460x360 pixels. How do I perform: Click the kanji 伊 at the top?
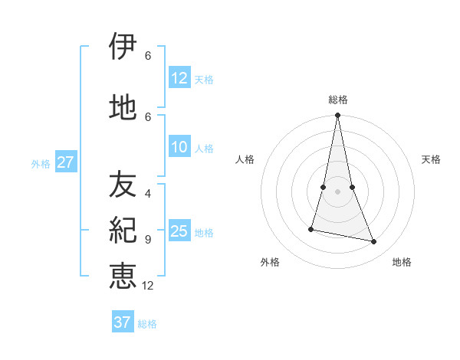point(123,47)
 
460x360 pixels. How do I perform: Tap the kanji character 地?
point(123,107)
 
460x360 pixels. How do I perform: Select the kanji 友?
point(123,185)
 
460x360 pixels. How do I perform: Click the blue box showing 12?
point(179,78)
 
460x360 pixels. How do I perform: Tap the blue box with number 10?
point(179,148)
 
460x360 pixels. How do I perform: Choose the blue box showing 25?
point(179,231)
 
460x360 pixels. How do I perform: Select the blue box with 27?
point(65,162)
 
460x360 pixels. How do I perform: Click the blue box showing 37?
point(123,322)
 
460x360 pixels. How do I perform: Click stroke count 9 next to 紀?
point(148,239)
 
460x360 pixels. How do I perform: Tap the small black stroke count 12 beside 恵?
point(148,286)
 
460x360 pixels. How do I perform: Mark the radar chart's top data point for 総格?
point(337,116)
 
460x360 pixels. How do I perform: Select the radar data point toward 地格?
point(374,242)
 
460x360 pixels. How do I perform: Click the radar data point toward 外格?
point(311,229)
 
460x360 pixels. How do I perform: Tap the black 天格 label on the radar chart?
point(432,159)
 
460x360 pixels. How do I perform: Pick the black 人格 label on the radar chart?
point(245,159)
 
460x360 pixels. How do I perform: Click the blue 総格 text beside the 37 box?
point(147,324)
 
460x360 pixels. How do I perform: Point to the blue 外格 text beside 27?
point(41,163)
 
